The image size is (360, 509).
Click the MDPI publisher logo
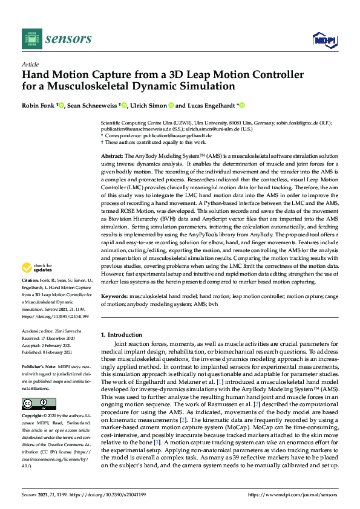[322, 40]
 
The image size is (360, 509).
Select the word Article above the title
[29, 64]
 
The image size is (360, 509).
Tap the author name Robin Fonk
[38, 105]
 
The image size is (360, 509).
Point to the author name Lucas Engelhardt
[211, 105]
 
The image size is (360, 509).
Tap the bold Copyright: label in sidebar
[33, 417]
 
